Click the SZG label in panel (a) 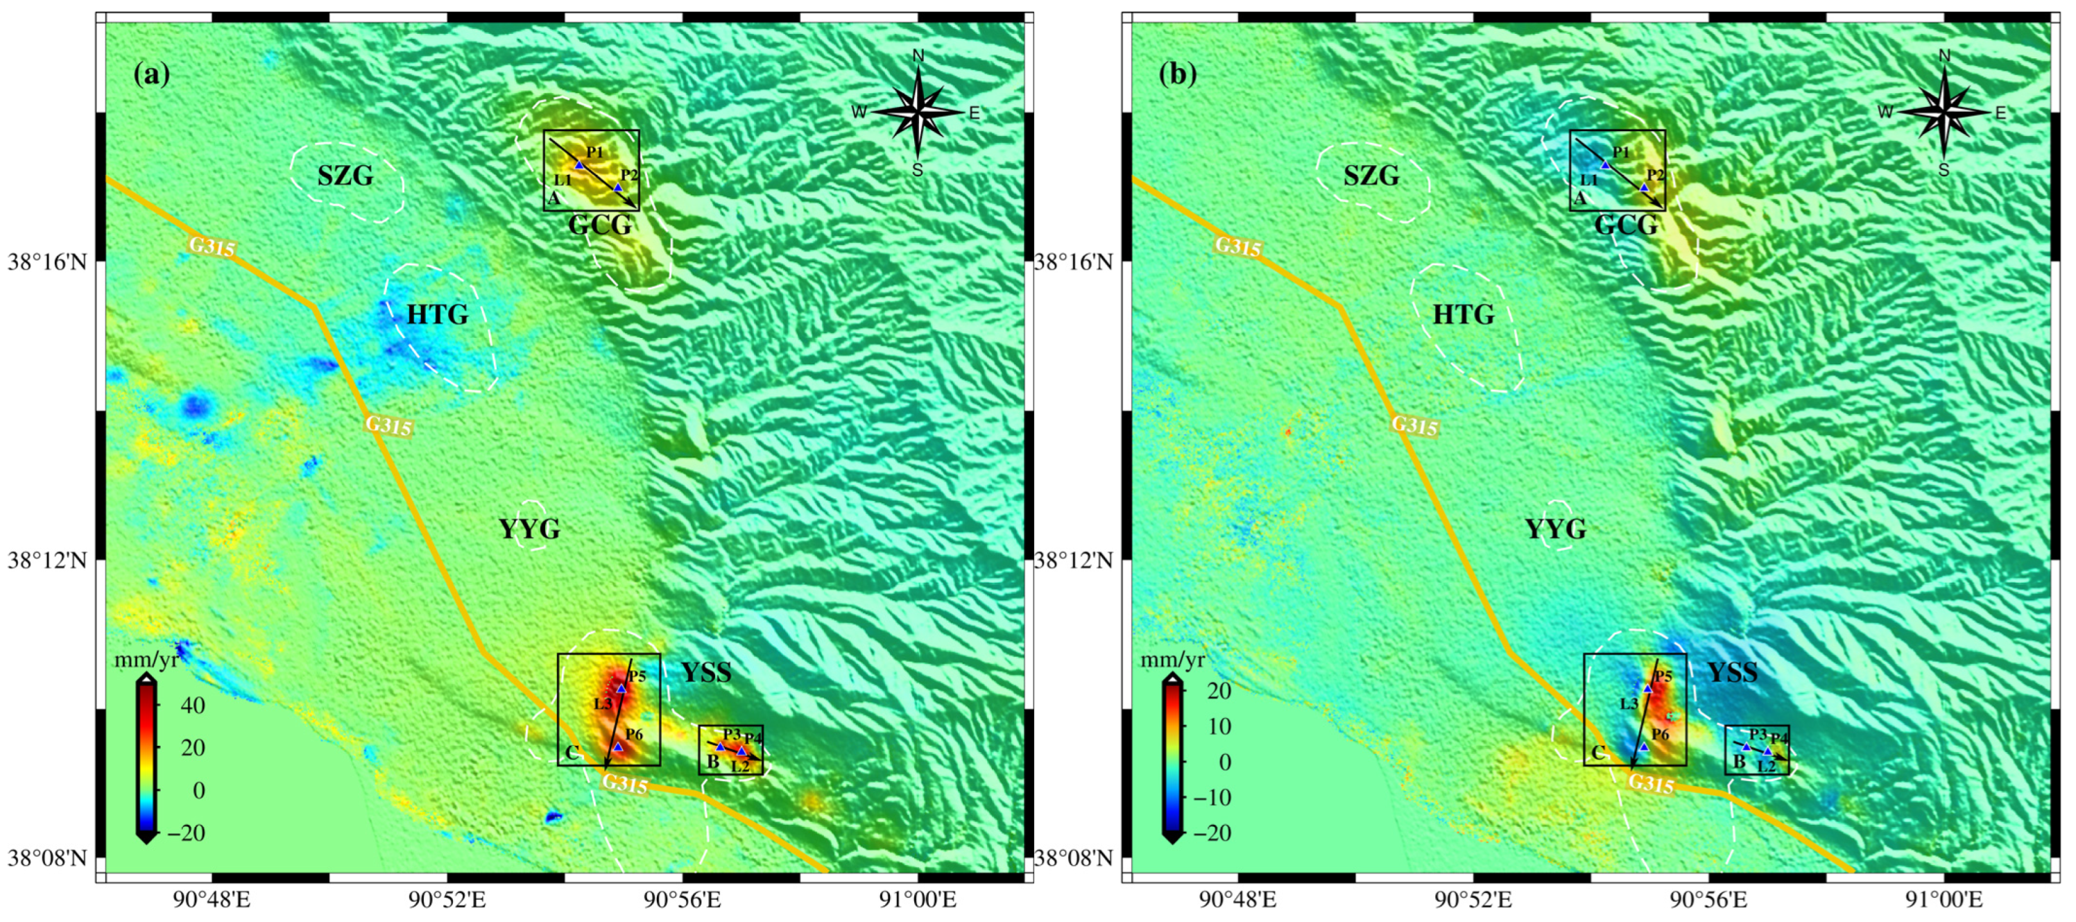tap(345, 176)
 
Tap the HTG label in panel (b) tap(1463, 314)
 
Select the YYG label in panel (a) tap(529, 529)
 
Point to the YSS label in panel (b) tap(1732, 672)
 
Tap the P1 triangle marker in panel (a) tap(578, 165)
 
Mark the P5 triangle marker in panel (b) tap(1647, 688)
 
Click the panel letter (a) tap(151, 74)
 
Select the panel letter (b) tap(1178, 74)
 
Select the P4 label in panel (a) tap(753, 737)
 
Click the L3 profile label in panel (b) tap(1629, 703)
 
